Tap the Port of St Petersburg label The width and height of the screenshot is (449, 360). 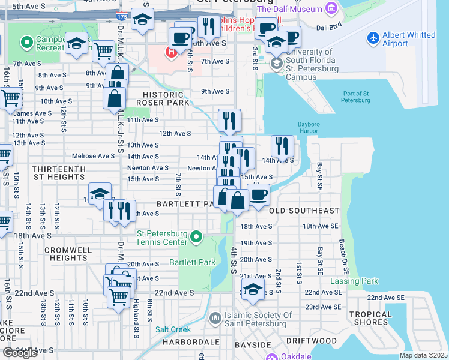[x=356, y=97]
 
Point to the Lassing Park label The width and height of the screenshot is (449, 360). [x=354, y=281]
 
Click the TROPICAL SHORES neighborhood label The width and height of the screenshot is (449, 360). [x=387, y=319]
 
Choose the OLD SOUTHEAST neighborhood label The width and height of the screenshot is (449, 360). [x=304, y=211]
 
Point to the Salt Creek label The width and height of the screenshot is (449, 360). [x=173, y=329]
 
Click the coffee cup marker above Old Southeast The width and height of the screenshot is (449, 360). [x=259, y=195]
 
